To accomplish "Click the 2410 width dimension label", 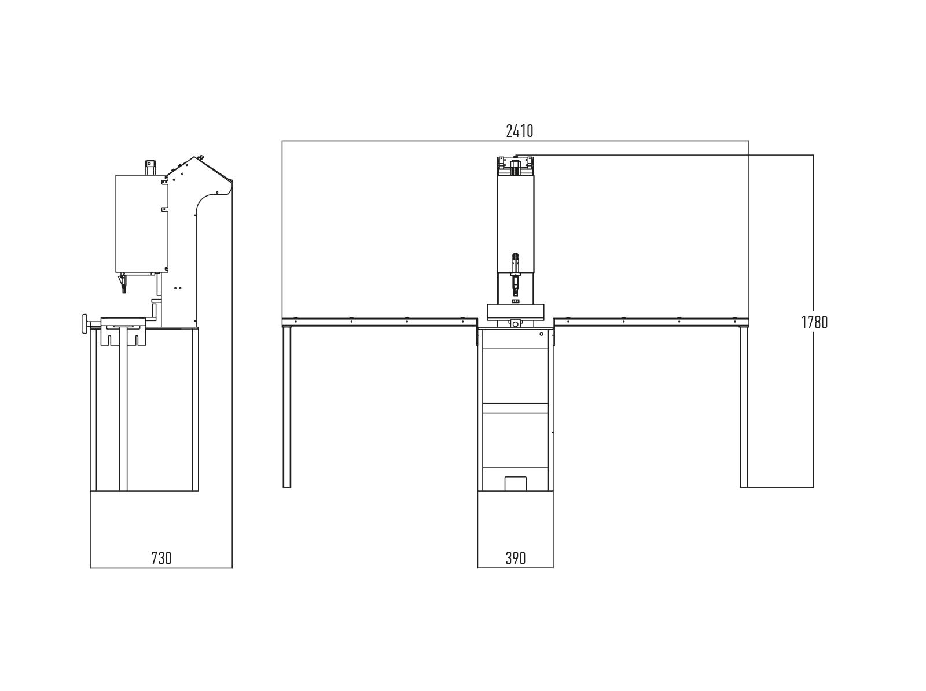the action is pos(519,131).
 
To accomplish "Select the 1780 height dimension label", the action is pos(814,322).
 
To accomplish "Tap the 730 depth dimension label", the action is pos(161,558).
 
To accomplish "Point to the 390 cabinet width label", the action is pos(515,558).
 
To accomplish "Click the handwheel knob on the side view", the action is pos(85,324).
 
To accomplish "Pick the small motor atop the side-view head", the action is pos(150,167).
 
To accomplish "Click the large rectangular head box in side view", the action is pos(141,224).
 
